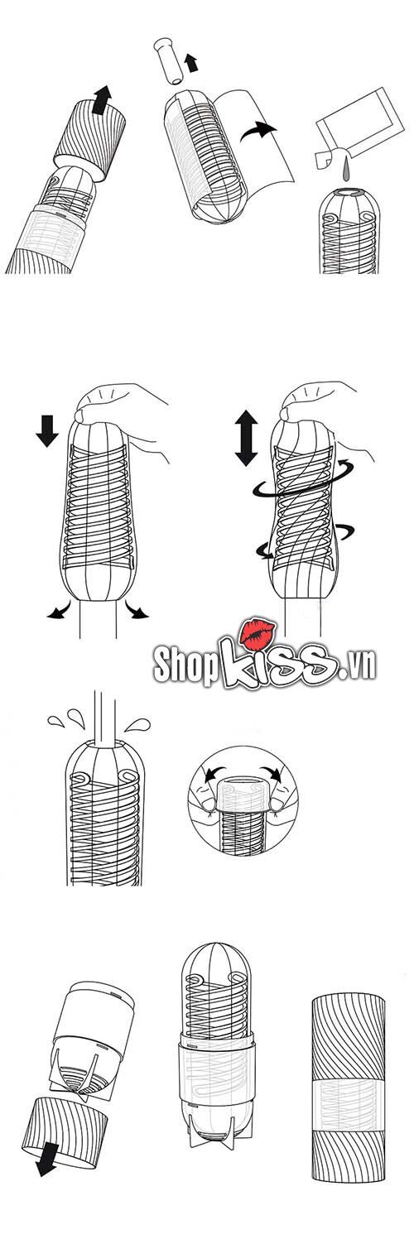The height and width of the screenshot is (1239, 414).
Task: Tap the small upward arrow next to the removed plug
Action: point(192,61)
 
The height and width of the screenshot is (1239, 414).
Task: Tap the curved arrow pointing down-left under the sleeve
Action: point(56,612)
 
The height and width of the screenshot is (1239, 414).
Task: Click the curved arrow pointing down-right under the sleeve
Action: point(136,611)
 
